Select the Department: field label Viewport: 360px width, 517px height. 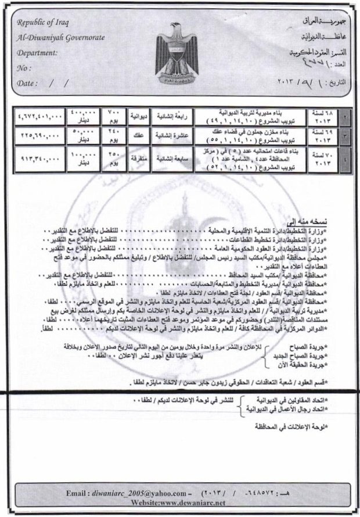[37, 52]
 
